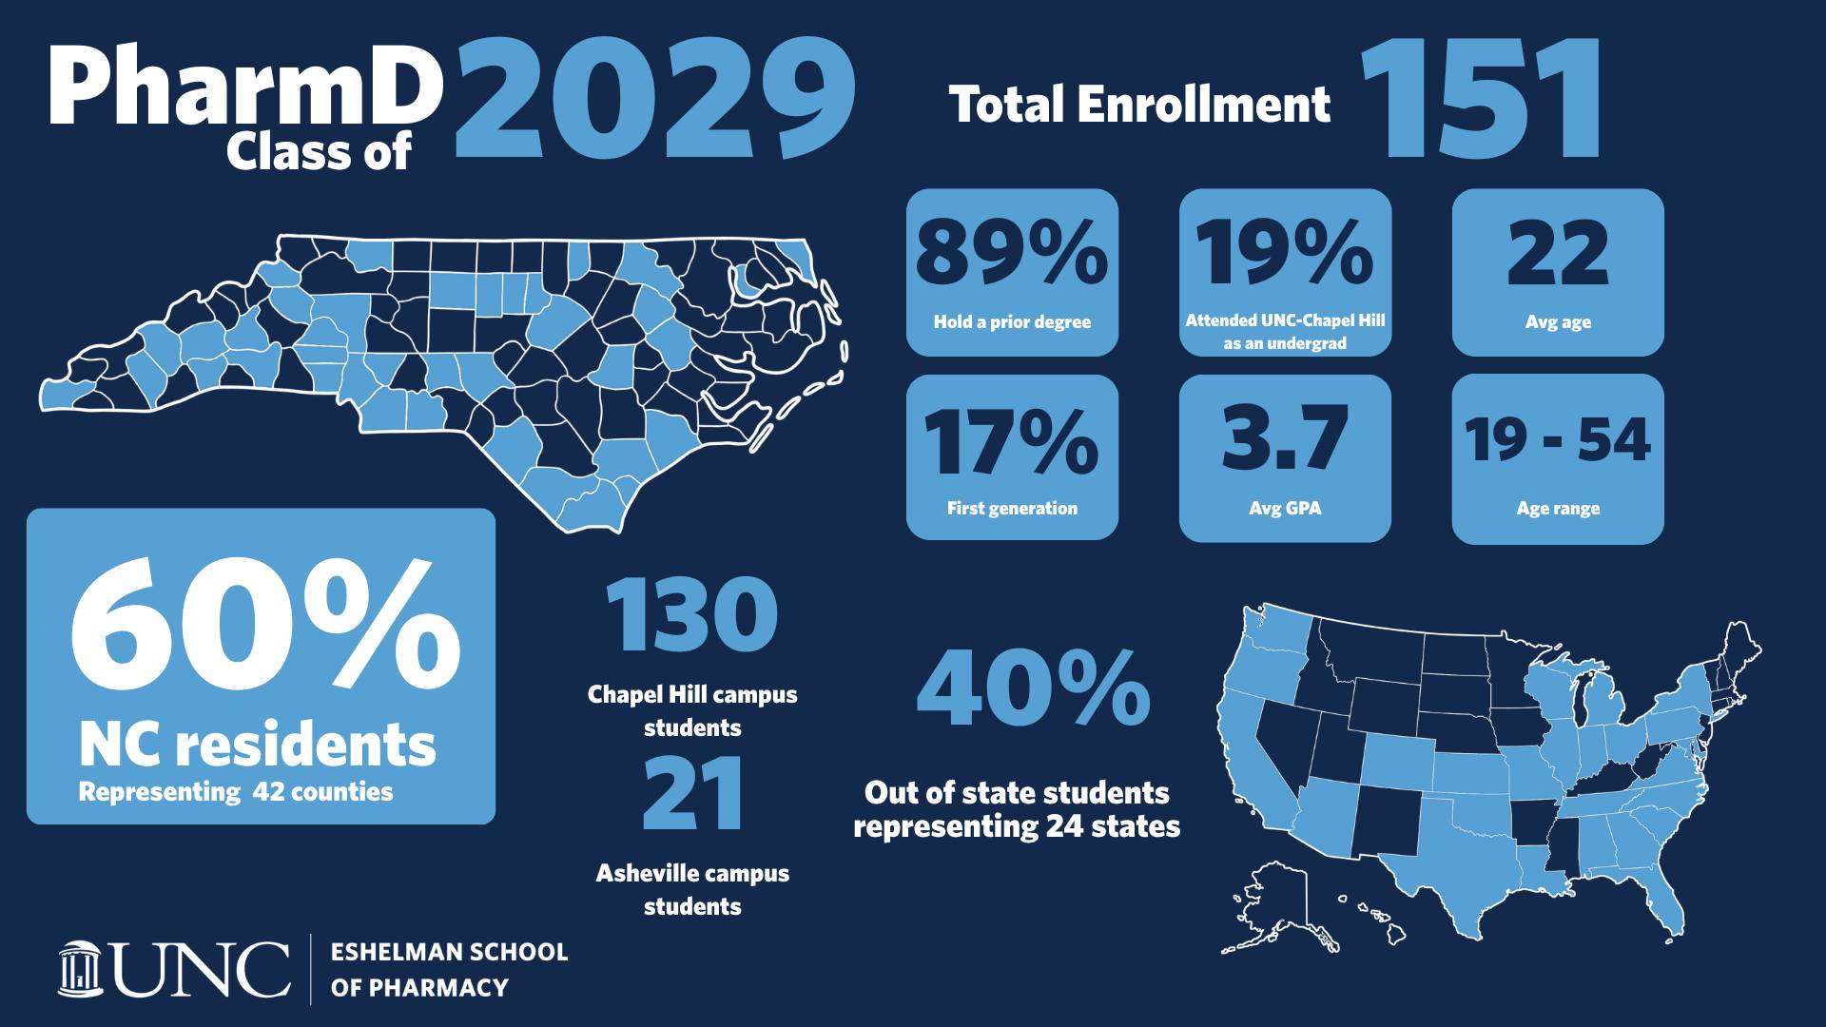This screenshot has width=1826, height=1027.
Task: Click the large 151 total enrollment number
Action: click(1482, 98)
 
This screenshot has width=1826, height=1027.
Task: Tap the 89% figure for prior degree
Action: click(1012, 253)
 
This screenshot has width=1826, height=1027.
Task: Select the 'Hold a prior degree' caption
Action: click(1012, 321)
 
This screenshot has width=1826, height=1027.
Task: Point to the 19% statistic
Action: click(1284, 253)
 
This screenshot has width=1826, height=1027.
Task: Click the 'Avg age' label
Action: click(1558, 321)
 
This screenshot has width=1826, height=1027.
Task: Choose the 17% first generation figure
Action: click(1012, 441)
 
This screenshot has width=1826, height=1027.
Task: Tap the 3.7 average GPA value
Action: click(1285, 438)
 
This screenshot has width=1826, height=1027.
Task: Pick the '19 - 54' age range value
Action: click(1558, 439)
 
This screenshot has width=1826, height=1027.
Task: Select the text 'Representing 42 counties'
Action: click(236, 791)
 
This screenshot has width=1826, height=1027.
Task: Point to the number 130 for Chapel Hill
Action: click(692, 614)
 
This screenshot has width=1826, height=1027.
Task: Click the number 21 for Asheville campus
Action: click(693, 793)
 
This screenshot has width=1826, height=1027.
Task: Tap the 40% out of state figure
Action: click(1034, 687)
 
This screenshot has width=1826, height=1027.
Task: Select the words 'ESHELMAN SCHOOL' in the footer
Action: click(449, 952)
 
